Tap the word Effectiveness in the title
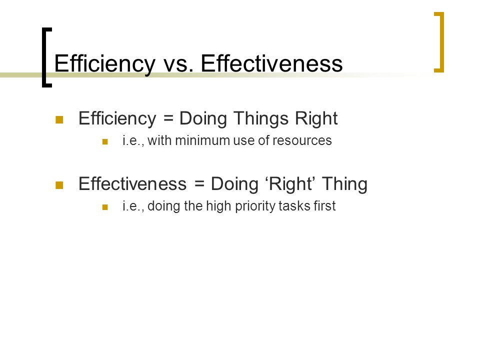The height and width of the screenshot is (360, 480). (271, 63)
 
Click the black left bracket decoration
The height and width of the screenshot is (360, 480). (44, 57)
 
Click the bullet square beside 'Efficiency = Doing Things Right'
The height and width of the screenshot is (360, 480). (59, 119)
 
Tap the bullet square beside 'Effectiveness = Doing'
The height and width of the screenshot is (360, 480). (59, 185)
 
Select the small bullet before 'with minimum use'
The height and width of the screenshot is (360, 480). (105, 141)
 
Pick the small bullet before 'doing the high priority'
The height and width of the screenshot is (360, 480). (105, 207)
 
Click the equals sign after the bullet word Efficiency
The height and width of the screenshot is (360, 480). (168, 118)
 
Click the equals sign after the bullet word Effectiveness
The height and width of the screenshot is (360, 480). (199, 183)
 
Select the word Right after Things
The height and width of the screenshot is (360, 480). (316, 119)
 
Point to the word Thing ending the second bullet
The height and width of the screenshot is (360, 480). (344, 184)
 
